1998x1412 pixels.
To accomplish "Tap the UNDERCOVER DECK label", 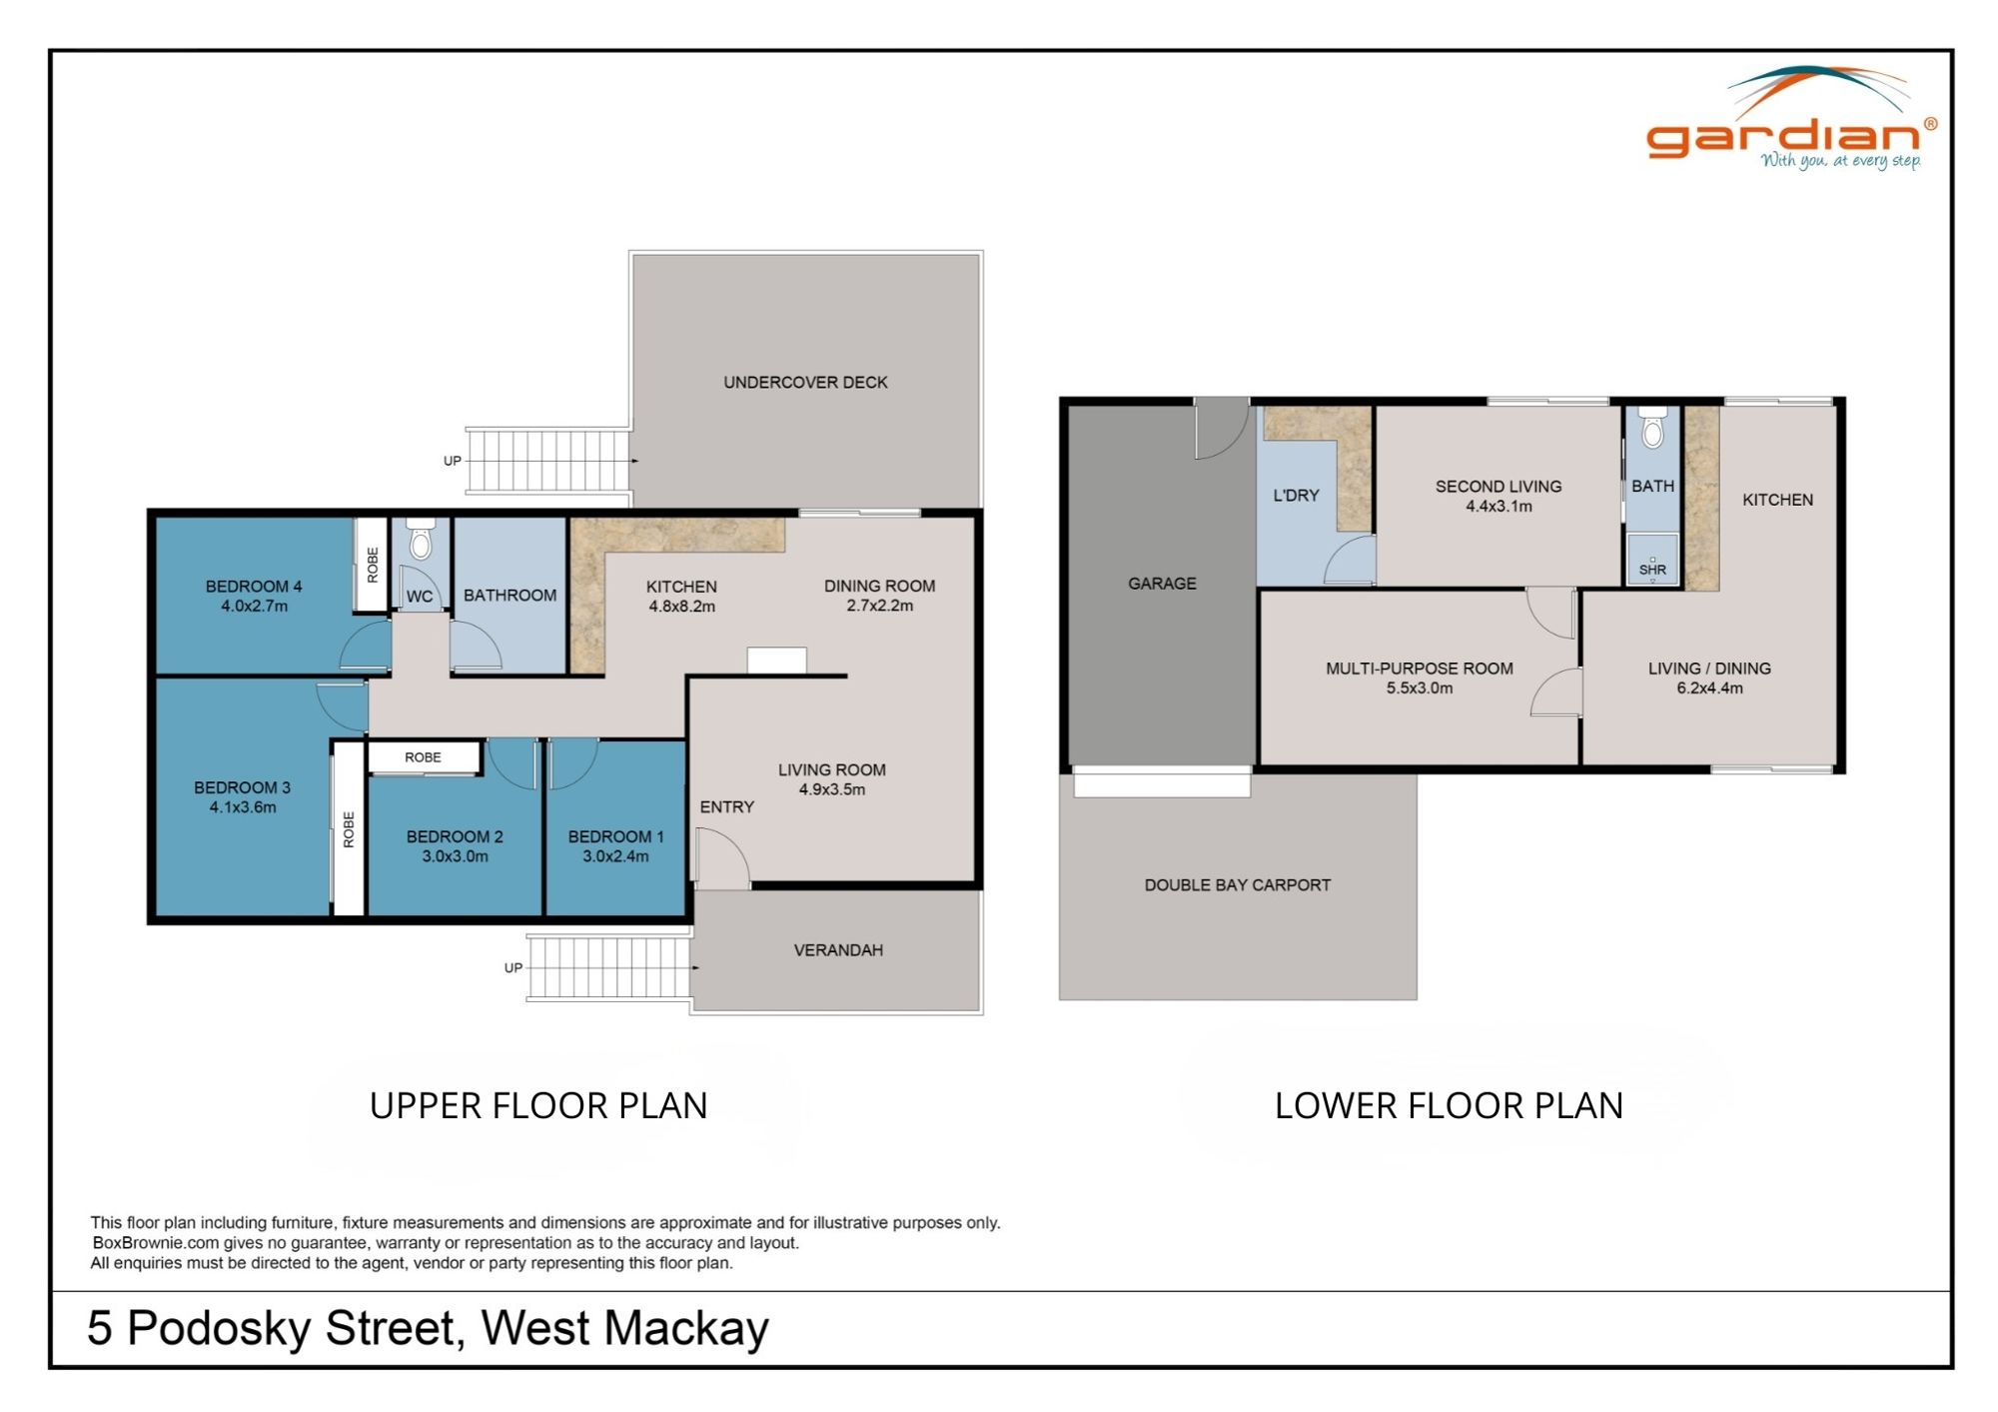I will pos(805,382).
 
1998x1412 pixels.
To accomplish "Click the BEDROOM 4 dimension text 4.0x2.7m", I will pos(254,607).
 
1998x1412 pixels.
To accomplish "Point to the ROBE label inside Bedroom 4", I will pos(373,565).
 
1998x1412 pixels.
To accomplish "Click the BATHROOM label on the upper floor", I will pos(509,596).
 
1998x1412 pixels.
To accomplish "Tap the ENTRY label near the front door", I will pos(726,807).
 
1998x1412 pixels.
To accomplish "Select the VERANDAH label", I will pos(838,950).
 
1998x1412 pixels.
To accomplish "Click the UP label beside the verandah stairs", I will pos(513,968).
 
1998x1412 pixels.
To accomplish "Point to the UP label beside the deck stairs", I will pos(453,462).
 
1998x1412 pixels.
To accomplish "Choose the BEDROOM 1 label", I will pos(615,837).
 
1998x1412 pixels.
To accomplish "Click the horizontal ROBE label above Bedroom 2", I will pos(423,757).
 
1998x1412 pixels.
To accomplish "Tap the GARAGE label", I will pos(1162,584).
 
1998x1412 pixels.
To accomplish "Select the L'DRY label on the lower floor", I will pos(1296,496).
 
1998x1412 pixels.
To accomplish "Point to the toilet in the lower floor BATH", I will pos(1653,429).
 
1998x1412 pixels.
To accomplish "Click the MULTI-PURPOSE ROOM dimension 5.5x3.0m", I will pos(1419,689).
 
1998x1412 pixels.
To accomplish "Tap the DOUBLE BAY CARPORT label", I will pos(1237,885).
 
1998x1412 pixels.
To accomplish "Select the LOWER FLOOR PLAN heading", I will pos(1449,1106).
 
